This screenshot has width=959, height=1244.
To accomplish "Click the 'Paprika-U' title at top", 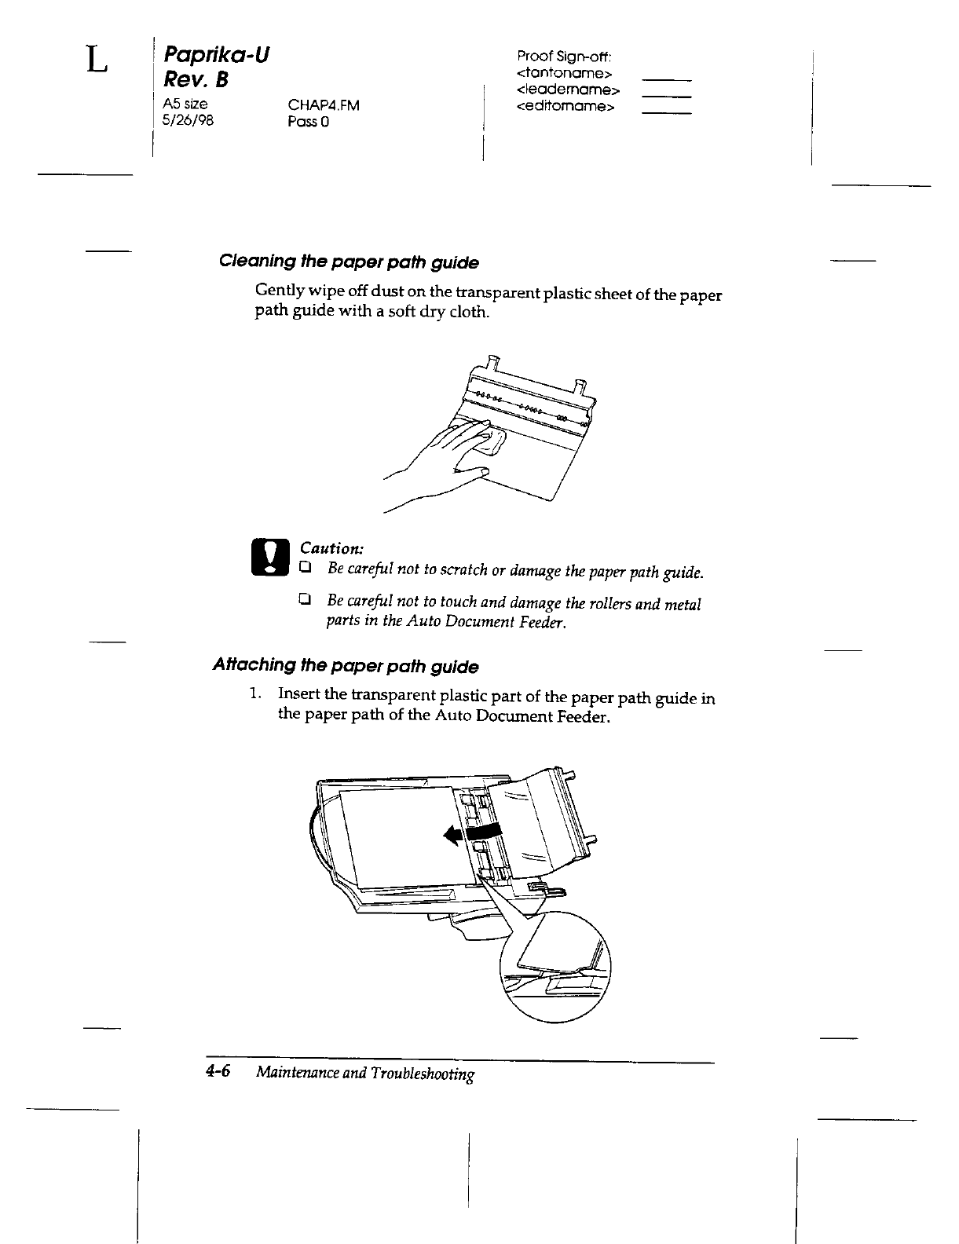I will [x=216, y=56].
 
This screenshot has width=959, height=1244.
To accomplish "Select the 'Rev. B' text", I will [x=194, y=80].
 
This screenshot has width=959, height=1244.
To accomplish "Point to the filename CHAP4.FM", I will [x=323, y=105].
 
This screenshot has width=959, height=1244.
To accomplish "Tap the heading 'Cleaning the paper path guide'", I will [x=349, y=262].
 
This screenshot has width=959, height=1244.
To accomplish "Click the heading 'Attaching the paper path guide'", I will [x=346, y=667].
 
